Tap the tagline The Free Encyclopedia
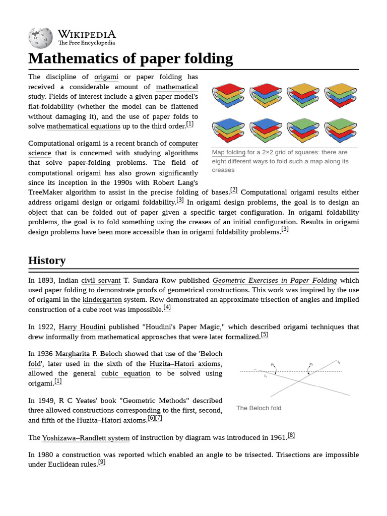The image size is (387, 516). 87,43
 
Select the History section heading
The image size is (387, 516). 47,261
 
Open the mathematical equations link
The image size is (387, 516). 83,126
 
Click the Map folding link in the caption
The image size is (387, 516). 228,152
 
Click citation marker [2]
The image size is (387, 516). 234,190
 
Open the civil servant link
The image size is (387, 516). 101,280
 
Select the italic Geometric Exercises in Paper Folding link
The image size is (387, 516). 275,280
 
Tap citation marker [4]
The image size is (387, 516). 167,307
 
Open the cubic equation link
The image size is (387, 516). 125,373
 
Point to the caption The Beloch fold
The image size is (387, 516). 259,408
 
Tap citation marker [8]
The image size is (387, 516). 291,435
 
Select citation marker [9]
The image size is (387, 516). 102,462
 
